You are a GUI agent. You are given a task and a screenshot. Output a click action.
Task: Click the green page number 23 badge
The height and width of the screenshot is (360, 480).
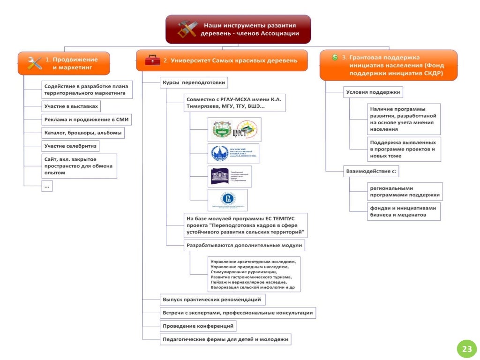coord(467,349)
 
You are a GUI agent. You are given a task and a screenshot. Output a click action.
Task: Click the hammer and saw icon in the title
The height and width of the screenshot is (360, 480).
coord(188,29)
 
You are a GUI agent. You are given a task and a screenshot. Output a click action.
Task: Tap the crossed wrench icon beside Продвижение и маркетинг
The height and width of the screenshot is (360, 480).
coord(34,63)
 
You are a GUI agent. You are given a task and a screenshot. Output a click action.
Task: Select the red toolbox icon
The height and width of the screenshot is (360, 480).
coord(152,60)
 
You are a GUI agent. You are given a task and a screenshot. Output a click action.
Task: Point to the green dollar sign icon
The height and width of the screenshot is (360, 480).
coord(335,57)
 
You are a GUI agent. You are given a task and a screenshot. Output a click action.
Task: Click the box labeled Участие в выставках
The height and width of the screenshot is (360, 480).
coord(71,106)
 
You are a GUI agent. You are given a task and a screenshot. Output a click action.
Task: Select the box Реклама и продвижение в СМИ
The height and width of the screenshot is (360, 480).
coord(86,120)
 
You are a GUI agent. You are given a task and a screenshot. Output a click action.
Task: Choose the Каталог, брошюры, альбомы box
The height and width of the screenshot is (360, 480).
coord(83,133)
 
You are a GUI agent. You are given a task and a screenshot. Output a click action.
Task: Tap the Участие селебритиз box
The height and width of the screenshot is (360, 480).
coord(70,146)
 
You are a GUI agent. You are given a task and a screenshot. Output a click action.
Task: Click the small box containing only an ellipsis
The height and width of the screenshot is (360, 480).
coord(46,186)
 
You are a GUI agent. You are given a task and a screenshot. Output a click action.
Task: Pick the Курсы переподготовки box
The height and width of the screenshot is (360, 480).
coord(194,83)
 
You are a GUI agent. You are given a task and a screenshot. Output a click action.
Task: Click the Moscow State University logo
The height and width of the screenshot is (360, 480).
coord(233,154)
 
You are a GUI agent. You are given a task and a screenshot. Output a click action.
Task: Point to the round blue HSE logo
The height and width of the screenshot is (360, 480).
coord(228,199)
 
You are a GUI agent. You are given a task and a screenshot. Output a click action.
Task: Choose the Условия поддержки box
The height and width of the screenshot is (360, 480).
coord(372,92)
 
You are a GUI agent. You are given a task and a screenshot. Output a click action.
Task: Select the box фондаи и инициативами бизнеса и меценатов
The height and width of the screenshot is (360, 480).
coord(403,211)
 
